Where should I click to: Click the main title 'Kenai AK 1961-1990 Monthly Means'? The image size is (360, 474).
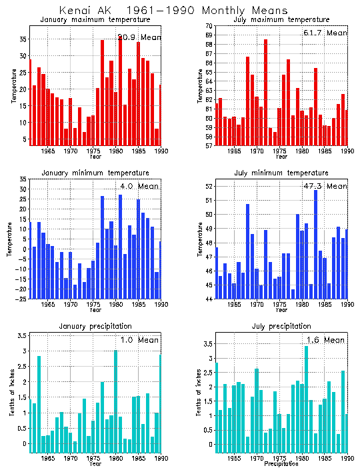[x=173, y=11]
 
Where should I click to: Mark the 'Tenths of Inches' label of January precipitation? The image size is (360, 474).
[x=13, y=393]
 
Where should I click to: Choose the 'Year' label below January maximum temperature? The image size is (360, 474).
[x=96, y=157]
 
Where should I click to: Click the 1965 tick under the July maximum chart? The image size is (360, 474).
[x=234, y=151]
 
